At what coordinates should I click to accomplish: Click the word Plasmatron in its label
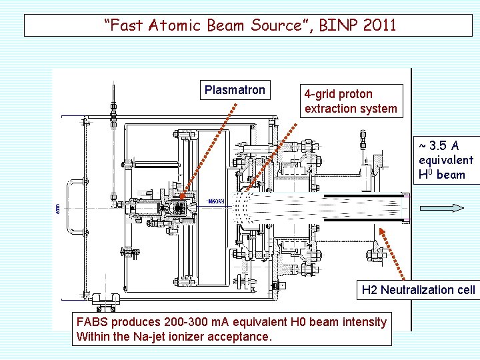[x=235, y=90]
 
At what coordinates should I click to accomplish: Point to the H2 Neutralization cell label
[x=418, y=289]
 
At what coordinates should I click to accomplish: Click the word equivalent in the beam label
[x=445, y=160]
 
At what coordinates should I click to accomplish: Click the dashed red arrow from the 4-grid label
[x=273, y=150]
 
